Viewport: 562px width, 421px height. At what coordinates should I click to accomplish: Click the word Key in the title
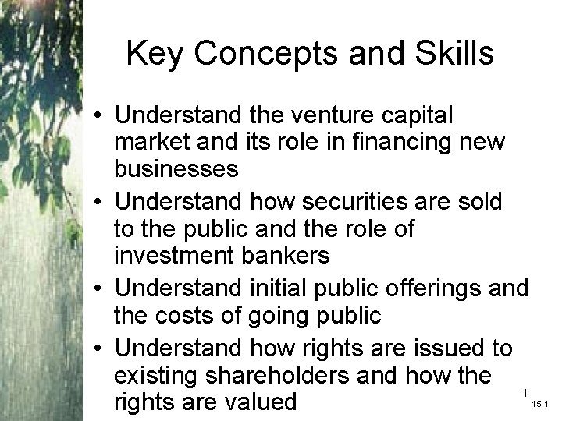(x=151, y=55)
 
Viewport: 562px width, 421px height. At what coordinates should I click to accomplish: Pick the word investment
(x=176, y=256)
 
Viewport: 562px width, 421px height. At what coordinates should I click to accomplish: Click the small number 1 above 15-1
(x=527, y=392)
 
